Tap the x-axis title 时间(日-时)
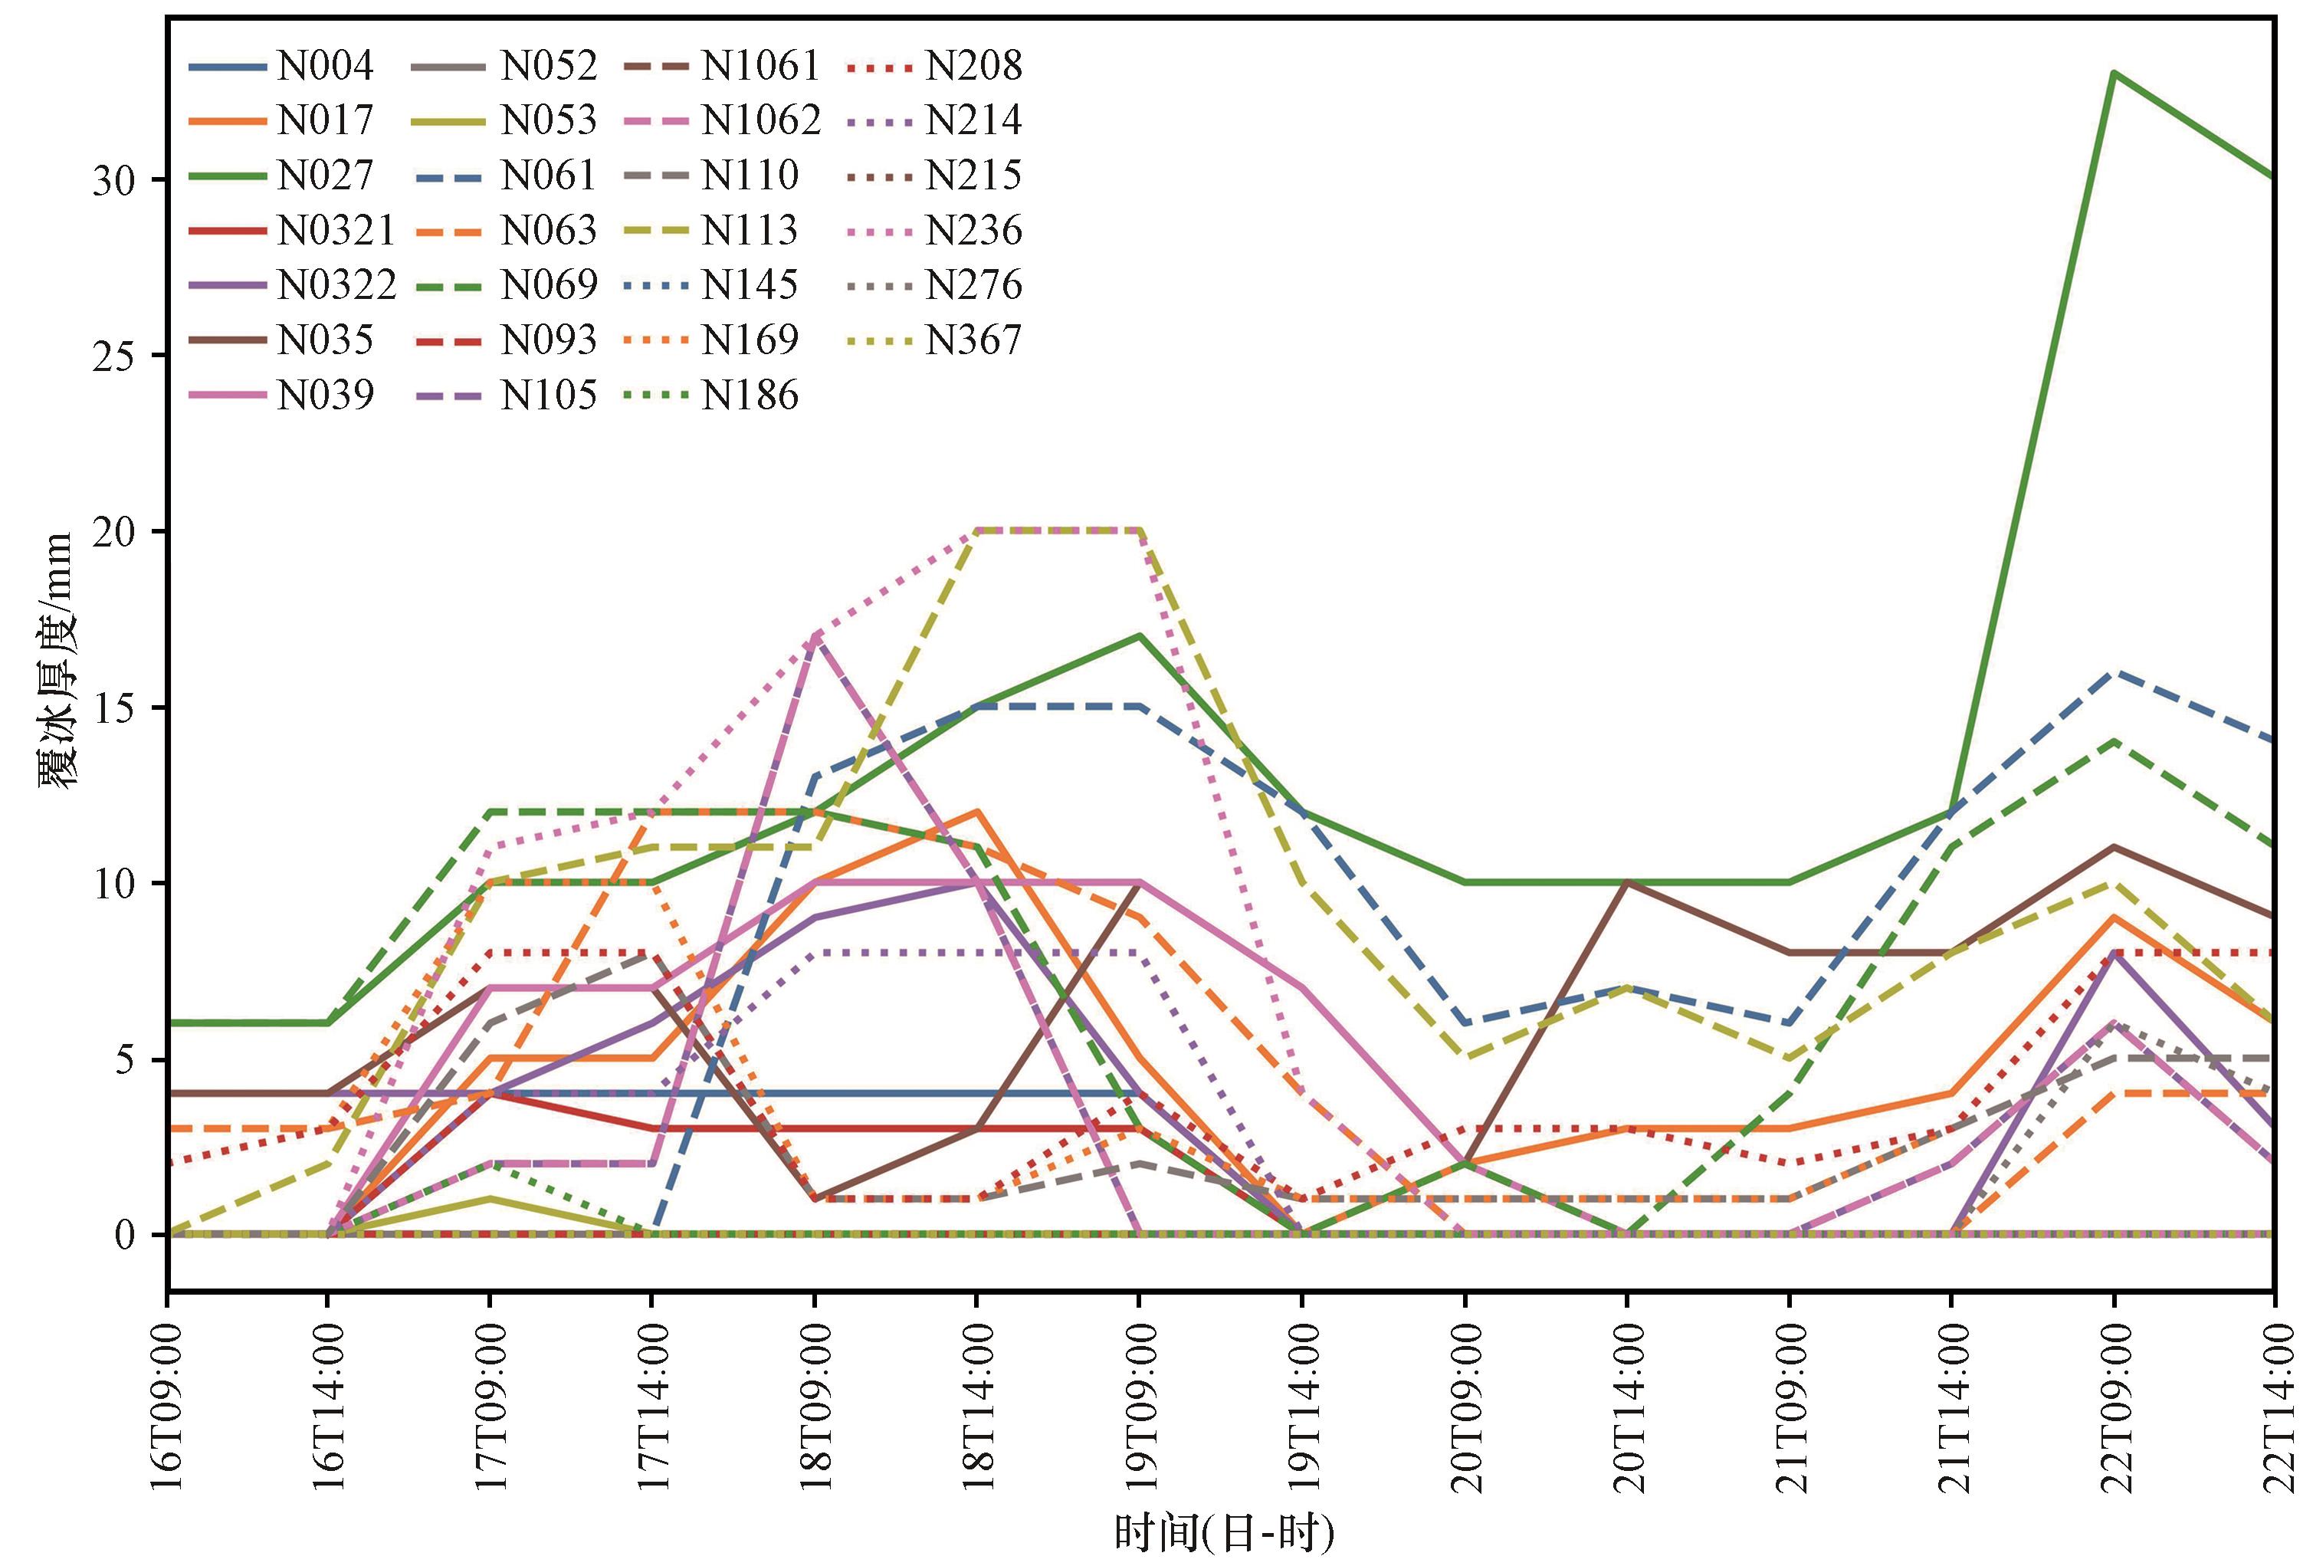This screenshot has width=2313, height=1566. click(1223, 1534)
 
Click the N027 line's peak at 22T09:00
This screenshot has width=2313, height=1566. click(2113, 74)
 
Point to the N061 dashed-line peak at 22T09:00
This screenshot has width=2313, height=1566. click(2113, 673)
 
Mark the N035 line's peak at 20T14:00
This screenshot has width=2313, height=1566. click(1626, 883)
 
